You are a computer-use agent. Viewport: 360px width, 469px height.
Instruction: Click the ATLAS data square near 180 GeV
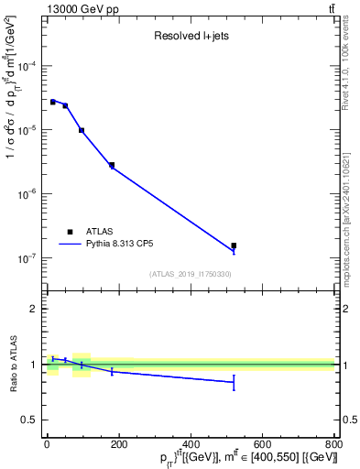112,165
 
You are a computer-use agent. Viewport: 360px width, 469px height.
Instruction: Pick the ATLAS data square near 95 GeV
82,130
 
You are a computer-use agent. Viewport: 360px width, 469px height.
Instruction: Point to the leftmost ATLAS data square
52,102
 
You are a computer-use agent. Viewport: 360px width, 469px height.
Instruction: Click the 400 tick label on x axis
191,444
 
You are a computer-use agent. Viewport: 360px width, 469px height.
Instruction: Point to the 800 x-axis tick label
333,444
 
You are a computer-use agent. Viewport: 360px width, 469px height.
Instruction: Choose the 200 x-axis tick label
119,444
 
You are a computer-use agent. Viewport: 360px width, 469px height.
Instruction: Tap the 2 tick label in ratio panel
37,309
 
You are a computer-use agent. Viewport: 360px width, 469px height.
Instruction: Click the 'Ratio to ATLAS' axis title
14,365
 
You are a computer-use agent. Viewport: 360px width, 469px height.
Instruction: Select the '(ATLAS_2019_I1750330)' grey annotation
191,274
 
